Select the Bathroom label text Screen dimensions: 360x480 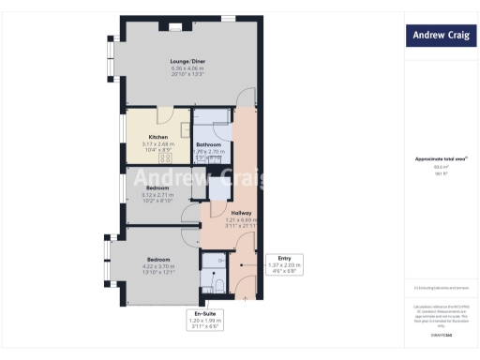point(208,143)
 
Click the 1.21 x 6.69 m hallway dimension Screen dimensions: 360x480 point(241,220)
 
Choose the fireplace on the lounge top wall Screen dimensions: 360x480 point(174,29)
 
